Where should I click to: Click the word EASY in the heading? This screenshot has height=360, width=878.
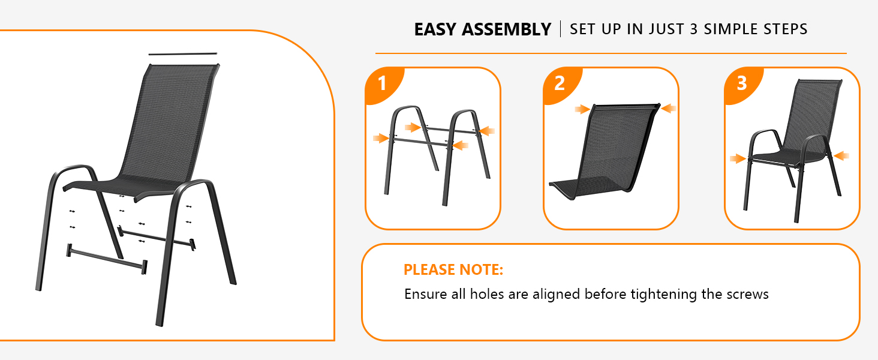[x=435, y=29]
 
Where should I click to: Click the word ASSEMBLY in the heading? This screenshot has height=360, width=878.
[x=506, y=29]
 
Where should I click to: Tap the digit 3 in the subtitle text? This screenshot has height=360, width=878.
[x=693, y=29]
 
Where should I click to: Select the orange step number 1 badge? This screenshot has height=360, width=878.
[x=382, y=83]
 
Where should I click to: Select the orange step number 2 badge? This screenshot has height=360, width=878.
[x=560, y=83]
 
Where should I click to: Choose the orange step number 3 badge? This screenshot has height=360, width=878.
[x=741, y=83]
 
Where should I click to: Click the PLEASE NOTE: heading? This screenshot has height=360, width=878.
[x=453, y=270]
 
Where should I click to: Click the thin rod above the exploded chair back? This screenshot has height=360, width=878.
[x=183, y=54]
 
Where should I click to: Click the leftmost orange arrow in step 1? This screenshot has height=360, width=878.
[x=381, y=138]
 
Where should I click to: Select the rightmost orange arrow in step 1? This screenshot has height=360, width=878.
[x=487, y=131]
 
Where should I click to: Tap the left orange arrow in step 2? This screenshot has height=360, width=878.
[x=582, y=109]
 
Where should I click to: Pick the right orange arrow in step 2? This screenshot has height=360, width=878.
[x=669, y=108]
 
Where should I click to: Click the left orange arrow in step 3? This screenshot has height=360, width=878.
[x=738, y=159]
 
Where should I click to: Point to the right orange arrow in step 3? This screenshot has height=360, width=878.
[x=841, y=156]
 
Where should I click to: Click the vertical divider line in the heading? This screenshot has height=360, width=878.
[x=561, y=29]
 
